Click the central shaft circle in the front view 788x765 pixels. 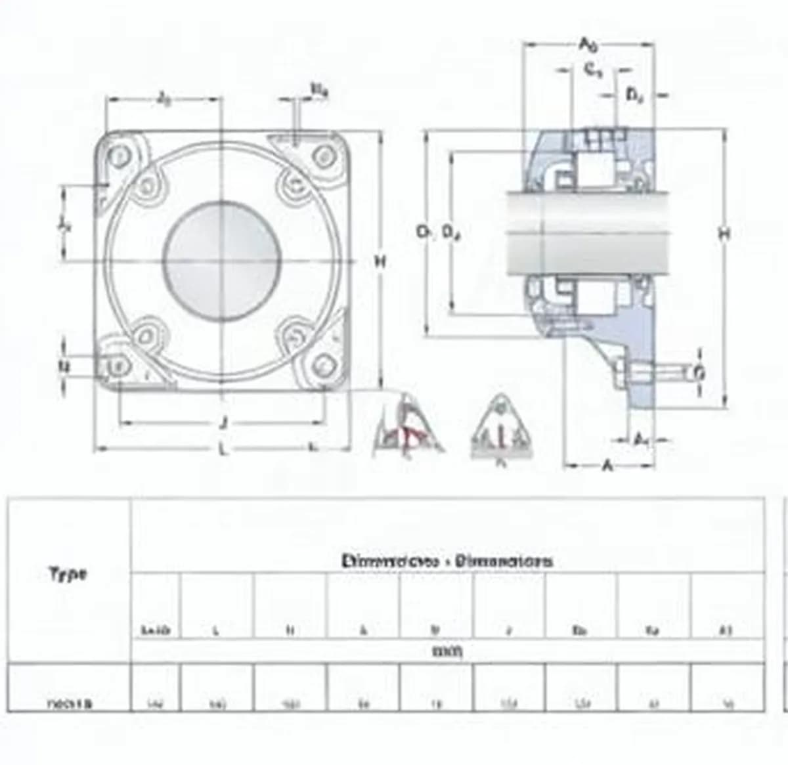tap(222, 261)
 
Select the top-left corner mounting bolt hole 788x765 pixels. tap(119, 157)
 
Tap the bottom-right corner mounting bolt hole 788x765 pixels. tap(323, 364)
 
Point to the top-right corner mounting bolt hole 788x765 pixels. tap(323, 157)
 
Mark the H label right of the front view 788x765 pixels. tap(380, 262)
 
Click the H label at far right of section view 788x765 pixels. tap(724, 234)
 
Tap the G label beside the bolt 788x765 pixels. tap(700, 373)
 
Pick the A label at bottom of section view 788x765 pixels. tap(607, 466)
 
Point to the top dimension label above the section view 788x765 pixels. tap(588, 45)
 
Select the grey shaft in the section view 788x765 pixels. tap(588, 233)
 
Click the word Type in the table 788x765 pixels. tap(68, 574)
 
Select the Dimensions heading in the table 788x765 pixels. tap(447, 561)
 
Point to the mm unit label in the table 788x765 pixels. tap(447, 651)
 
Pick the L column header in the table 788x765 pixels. tap(216, 631)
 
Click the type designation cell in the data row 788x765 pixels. tap(70, 704)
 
